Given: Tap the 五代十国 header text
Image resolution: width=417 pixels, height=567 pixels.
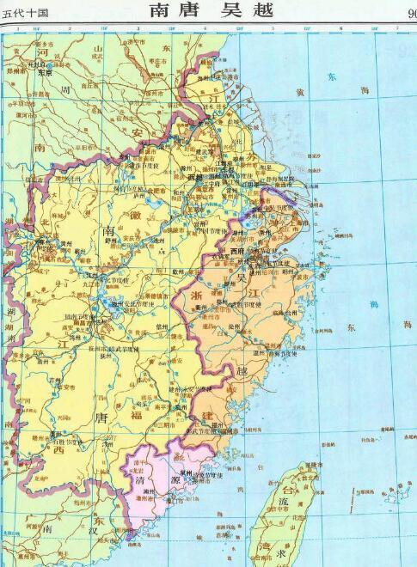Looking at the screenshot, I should (25, 11).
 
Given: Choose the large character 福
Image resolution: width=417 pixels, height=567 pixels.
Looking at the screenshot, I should (137, 392).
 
